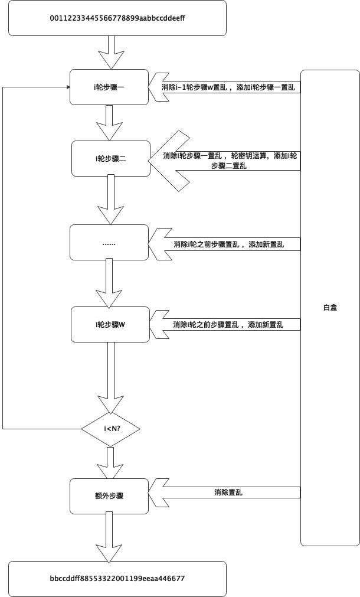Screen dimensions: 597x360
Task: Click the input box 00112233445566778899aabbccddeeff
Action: click(117, 18)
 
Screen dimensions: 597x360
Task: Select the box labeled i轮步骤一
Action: click(109, 87)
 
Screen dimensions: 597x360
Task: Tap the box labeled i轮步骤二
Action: click(111, 158)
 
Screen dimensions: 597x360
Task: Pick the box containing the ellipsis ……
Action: click(109, 243)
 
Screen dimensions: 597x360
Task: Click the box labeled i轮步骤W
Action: click(110, 324)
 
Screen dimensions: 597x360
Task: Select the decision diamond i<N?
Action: click(110, 428)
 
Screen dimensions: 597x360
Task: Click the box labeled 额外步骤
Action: click(108, 495)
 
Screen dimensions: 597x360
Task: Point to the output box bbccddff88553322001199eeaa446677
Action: click(117, 579)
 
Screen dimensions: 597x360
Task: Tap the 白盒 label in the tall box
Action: click(330, 307)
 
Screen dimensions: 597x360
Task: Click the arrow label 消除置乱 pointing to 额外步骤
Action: click(228, 492)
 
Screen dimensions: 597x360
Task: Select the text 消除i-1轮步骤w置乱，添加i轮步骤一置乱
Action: click(228, 87)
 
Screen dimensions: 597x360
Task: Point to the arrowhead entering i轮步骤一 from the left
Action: click(66, 87)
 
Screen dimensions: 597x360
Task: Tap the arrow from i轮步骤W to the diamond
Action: click(110, 378)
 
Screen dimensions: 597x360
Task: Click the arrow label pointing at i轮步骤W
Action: click(228, 325)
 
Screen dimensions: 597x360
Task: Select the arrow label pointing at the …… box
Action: click(228, 244)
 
